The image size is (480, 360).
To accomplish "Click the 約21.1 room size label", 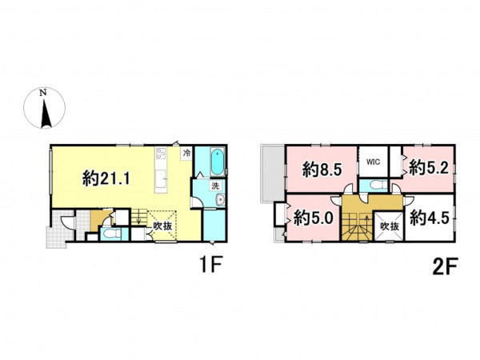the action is click(106, 178).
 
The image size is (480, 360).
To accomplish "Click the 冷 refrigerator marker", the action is click(186, 153).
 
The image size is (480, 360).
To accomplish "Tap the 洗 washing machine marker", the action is click(215, 186).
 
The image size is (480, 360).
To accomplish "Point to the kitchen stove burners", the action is click(161, 153).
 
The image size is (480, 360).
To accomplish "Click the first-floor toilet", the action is click(110, 234).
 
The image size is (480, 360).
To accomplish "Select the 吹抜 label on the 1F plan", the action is click(162, 226).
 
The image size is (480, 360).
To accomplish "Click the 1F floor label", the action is click(210, 265).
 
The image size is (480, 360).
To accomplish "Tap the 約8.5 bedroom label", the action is click(322, 169).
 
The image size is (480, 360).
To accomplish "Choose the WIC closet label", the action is click(373, 162).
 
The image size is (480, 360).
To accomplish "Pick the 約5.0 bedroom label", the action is click(313, 218).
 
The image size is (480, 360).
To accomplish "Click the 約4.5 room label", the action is click(429, 218).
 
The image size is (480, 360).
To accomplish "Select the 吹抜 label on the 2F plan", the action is click(390, 226).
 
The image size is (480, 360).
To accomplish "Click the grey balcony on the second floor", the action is click(272, 174).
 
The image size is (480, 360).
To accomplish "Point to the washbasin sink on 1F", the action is click(220, 201).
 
